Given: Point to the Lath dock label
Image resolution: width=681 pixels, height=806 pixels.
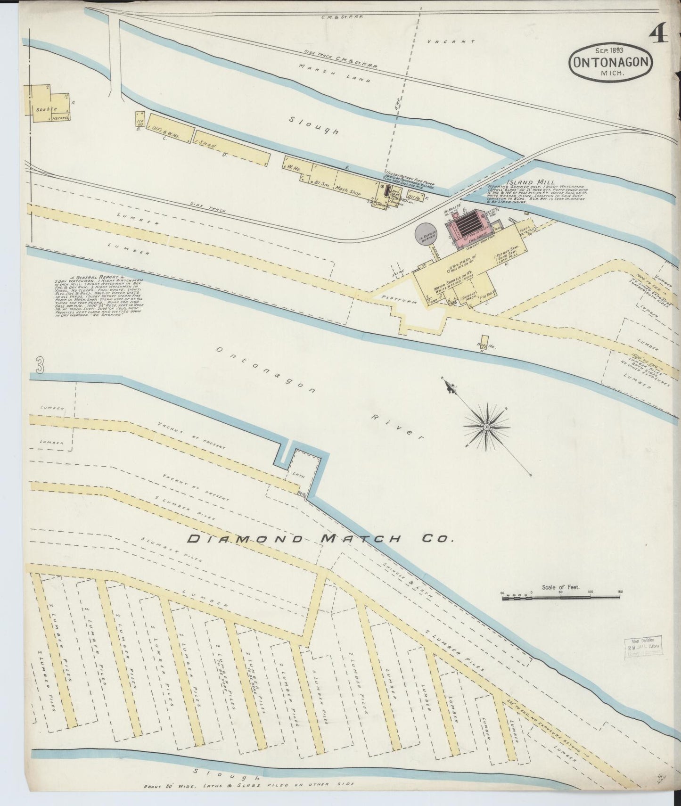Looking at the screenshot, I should (299, 476).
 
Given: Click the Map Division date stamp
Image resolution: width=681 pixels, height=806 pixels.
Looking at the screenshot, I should (641, 647).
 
